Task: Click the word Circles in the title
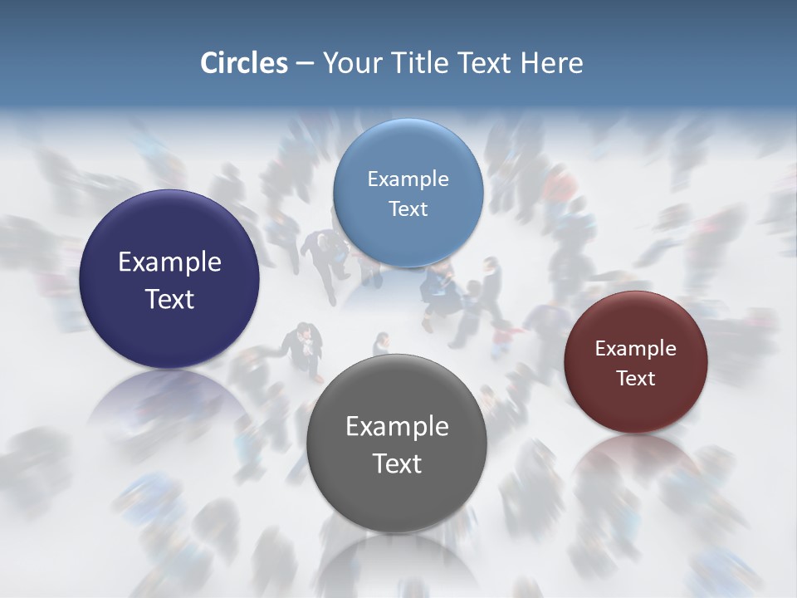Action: [243, 63]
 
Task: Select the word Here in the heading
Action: [551, 63]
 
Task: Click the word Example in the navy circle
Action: [169, 262]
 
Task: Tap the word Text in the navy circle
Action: [169, 299]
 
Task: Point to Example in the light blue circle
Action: [408, 179]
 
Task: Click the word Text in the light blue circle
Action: [408, 208]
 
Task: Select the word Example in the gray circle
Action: [397, 427]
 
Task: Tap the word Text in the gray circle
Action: [397, 463]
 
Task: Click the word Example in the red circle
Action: [636, 348]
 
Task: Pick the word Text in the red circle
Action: [636, 378]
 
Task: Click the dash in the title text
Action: [304, 64]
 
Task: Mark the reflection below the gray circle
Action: [397, 565]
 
